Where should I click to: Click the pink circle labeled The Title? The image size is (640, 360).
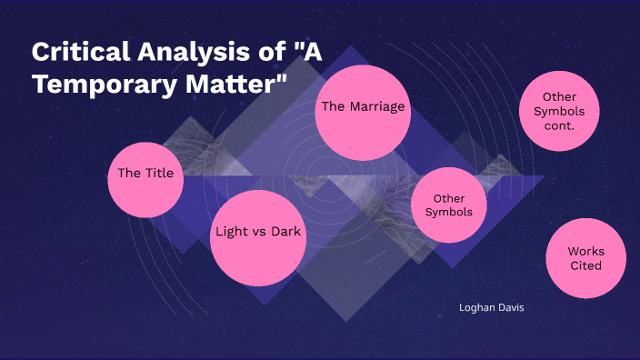(x=145, y=179)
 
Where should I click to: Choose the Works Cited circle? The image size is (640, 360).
(x=585, y=259)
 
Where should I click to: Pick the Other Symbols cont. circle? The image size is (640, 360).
(x=558, y=111)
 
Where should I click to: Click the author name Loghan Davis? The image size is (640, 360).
(x=492, y=307)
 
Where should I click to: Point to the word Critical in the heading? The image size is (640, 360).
(x=73, y=52)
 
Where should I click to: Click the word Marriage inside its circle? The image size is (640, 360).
(x=376, y=107)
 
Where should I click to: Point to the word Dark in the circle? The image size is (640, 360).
(x=285, y=232)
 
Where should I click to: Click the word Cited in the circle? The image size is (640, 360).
(x=585, y=265)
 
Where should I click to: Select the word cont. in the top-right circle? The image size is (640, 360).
(x=558, y=126)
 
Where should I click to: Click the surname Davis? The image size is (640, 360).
(x=508, y=307)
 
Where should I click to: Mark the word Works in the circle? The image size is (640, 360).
(x=585, y=251)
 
